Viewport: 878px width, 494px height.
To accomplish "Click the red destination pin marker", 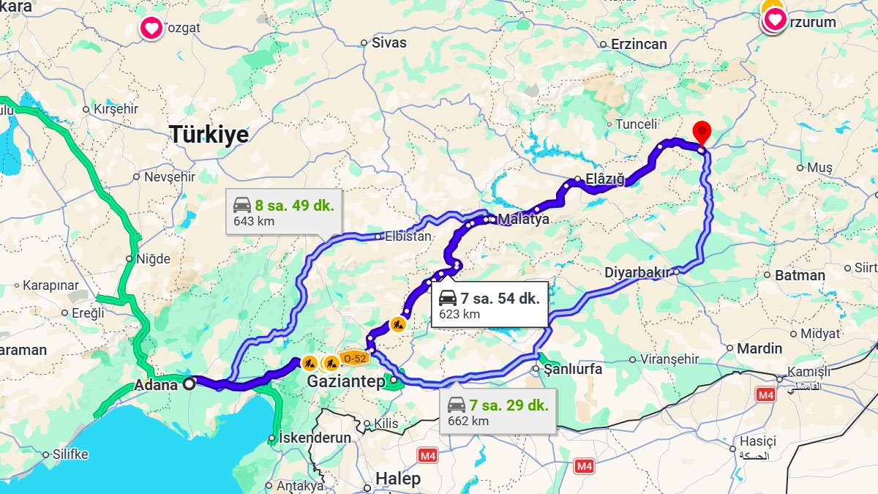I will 702,132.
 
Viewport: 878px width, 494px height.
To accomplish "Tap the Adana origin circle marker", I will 189,383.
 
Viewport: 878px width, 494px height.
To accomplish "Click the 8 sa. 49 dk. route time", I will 294,206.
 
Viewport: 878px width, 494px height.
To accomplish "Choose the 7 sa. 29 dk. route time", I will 509,405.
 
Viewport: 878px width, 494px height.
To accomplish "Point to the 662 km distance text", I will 468,421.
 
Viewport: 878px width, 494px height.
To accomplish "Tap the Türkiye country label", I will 209,135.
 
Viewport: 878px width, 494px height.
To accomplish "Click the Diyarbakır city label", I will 637,273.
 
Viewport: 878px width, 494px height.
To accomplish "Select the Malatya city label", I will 523,219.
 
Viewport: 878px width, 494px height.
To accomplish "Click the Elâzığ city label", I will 605,179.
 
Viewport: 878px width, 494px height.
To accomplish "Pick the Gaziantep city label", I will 345,382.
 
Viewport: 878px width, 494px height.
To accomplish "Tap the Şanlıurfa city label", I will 572,369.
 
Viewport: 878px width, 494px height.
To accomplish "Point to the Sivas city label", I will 389,42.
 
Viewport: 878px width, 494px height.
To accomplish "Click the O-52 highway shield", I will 355,358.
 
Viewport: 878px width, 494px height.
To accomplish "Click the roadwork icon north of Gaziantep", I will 397,323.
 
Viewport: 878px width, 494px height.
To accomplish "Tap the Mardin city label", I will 759,348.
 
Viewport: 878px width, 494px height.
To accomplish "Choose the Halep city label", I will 397,479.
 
